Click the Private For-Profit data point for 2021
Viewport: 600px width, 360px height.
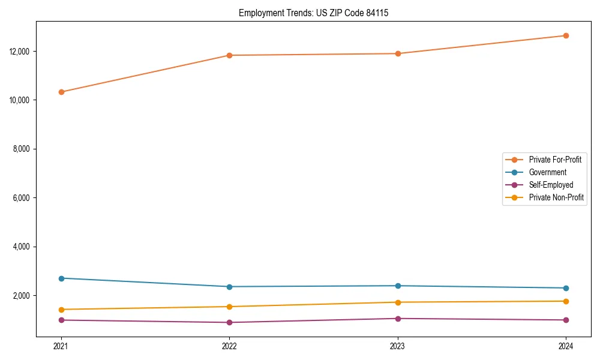coord(61,92)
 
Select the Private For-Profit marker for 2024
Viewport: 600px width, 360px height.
coord(566,35)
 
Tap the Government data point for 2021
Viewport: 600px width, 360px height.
coord(61,278)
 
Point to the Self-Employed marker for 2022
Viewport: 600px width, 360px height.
coord(229,322)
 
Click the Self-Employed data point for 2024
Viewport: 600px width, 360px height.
coord(566,320)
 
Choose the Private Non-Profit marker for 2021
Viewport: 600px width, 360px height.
coord(61,310)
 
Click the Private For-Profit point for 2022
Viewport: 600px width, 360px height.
coord(229,55)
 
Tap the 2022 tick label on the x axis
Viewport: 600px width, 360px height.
coord(229,346)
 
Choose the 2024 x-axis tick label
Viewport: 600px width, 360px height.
coord(566,346)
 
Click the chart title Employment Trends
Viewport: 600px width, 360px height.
coord(313,13)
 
